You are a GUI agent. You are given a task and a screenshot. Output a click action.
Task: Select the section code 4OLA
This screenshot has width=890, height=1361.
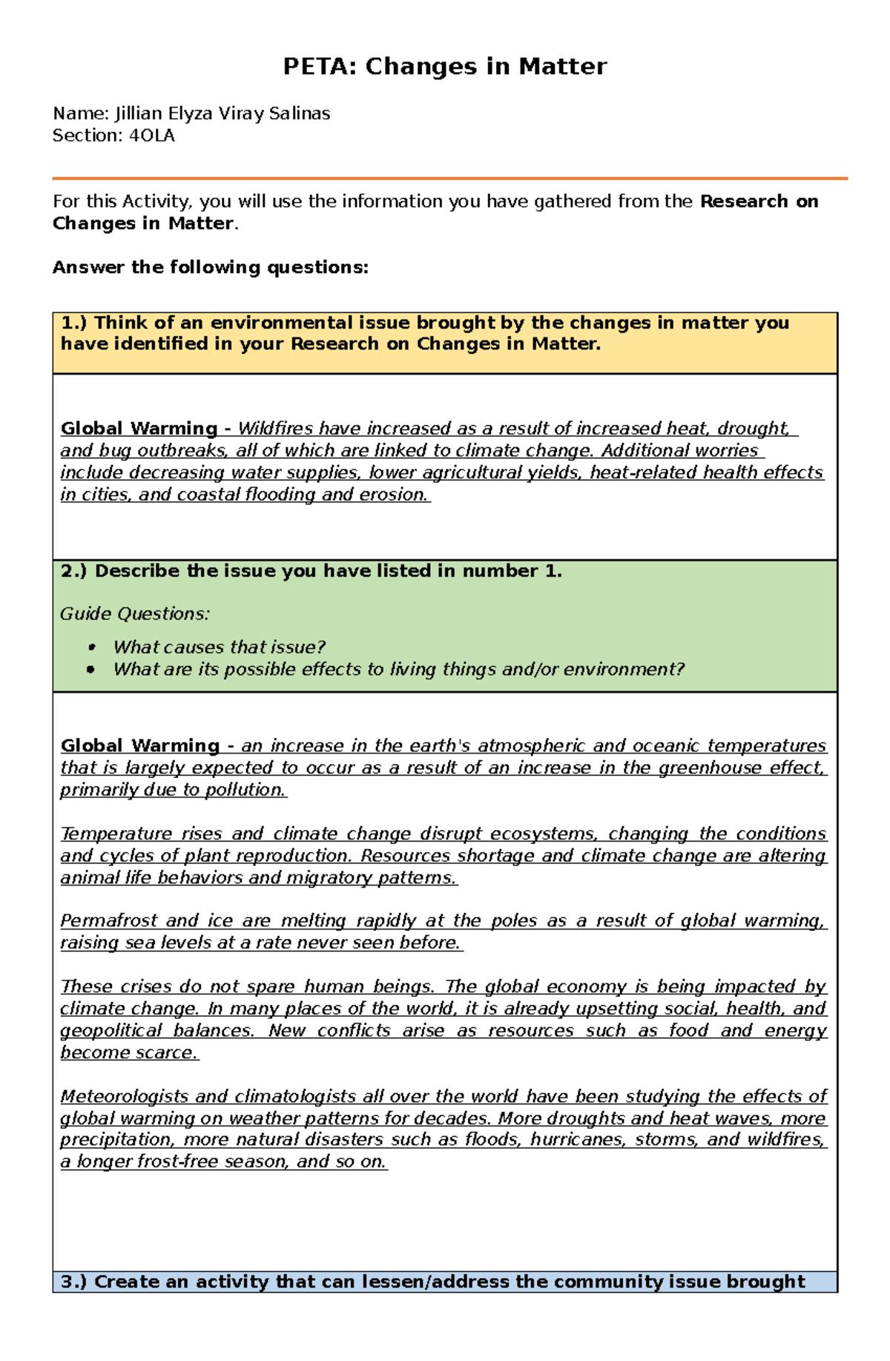151,136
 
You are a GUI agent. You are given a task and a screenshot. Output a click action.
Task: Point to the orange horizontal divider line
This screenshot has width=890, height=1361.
449,178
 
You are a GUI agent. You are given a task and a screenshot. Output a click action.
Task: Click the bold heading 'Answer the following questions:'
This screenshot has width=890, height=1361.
210,267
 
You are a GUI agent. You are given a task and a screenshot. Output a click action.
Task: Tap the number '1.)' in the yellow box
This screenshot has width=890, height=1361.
73,323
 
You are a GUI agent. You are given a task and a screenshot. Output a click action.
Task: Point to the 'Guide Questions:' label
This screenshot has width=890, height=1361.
134,614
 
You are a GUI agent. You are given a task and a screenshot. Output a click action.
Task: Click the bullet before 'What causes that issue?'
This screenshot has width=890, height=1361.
91,647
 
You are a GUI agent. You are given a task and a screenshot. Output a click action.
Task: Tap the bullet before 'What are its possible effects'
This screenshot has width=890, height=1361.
91,670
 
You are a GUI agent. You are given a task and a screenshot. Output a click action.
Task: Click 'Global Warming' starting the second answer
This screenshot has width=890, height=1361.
139,745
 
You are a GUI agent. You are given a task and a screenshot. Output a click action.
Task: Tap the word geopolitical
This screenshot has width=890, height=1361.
111,1031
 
